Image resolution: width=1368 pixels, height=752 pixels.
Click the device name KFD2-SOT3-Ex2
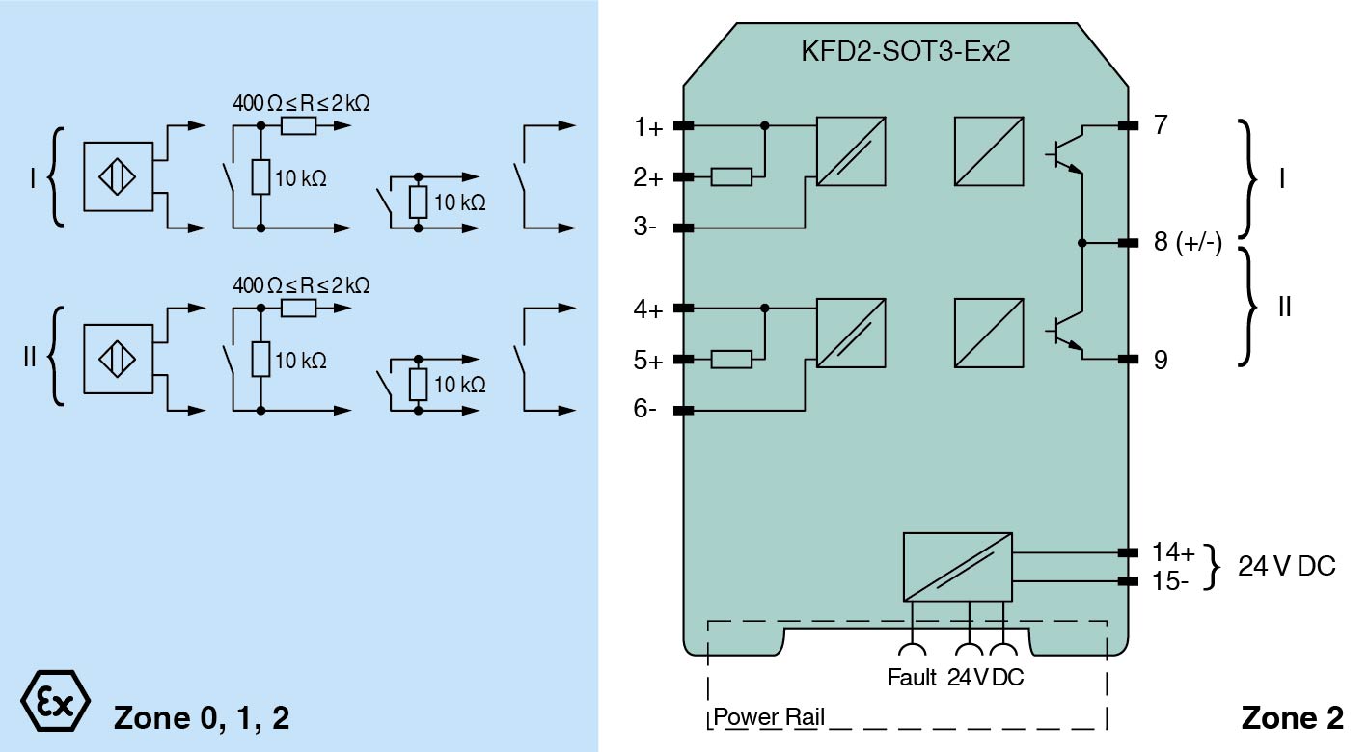coord(905,51)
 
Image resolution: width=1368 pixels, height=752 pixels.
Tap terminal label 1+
coord(648,127)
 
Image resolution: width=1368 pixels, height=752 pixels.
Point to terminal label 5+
coord(648,361)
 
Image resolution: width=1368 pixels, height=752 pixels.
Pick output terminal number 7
coord(1161,125)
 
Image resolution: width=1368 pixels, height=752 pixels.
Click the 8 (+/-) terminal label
coord(1188,243)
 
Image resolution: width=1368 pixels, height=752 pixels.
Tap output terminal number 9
coord(1161,360)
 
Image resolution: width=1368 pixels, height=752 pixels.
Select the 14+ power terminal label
coord(1173,552)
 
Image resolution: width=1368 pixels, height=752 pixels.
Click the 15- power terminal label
coord(1171,581)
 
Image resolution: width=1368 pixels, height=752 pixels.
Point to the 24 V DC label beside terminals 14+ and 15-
coord(1287,567)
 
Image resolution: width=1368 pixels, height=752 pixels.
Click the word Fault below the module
coord(912,678)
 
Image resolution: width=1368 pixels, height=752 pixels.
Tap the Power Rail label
coord(769,718)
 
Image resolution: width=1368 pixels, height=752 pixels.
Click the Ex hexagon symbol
coord(55,698)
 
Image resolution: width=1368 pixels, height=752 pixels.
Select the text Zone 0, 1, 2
coord(202,718)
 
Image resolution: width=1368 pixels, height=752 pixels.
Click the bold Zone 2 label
coord(1292,718)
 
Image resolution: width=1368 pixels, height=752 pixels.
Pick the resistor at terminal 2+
coord(732,177)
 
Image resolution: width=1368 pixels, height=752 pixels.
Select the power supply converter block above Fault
coord(957,565)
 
